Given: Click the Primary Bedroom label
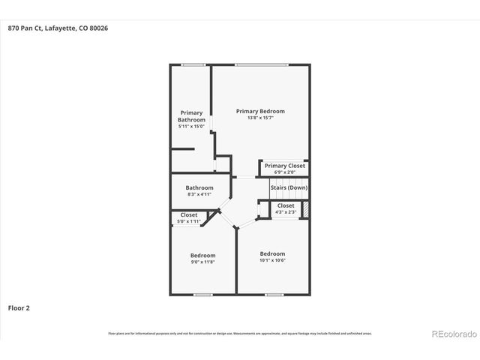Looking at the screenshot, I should [x=260, y=111].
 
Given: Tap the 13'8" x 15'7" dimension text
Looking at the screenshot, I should [x=260, y=118].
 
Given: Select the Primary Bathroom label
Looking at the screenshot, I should [x=191, y=116].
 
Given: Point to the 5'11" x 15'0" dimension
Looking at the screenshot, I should [x=191, y=126].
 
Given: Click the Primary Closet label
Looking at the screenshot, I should [x=285, y=166].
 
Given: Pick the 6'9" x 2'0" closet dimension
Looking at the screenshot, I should [x=285, y=172].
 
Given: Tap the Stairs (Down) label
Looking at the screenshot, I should [x=289, y=187].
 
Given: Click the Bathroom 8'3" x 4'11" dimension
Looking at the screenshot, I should [x=200, y=194].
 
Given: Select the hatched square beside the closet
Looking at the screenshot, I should [x=305, y=209].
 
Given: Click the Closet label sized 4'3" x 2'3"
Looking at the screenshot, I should [x=286, y=205].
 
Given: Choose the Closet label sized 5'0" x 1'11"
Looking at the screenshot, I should [x=189, y=215].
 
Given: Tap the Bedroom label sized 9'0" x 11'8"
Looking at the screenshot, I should [x=202, y=255].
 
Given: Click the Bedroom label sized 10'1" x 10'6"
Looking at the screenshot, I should [x=272, y=253].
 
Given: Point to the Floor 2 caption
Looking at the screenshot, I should [x=19, y=307].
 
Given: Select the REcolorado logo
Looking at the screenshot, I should [x=451, y=333].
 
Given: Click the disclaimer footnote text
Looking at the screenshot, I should [x=240, y=333].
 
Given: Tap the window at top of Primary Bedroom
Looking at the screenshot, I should [x=260, y=64].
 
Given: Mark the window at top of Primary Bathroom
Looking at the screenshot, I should [x=193, y=64].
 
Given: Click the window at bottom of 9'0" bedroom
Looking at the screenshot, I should [x=202, y=295].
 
